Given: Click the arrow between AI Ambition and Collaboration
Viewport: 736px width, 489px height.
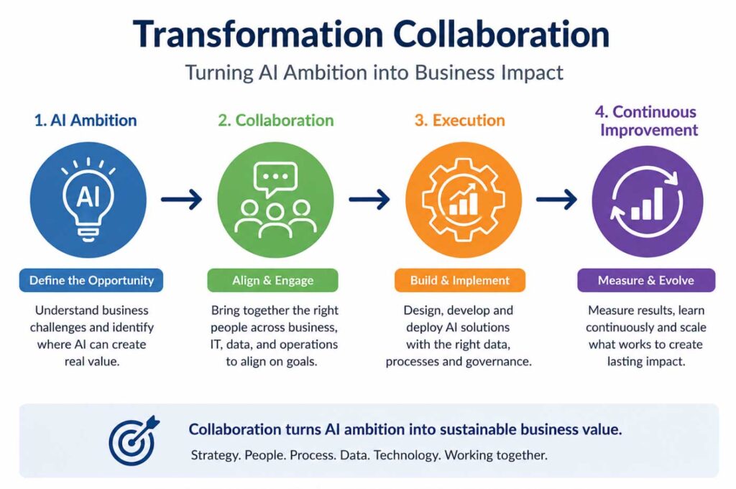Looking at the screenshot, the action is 182,200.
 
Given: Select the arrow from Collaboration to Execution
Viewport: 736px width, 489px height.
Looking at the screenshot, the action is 369,200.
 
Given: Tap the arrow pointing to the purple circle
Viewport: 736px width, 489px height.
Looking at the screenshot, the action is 557,200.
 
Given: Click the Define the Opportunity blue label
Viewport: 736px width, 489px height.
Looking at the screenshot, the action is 91,280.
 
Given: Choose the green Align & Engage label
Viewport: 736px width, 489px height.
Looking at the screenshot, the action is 272,280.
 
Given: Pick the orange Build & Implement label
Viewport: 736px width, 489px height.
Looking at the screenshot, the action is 460,280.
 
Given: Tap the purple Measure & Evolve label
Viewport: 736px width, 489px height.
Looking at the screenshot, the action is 646,280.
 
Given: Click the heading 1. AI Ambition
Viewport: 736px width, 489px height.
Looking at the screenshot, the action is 86,121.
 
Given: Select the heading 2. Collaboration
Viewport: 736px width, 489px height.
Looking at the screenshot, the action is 276,121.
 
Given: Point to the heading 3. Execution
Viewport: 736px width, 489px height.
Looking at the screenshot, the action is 459,121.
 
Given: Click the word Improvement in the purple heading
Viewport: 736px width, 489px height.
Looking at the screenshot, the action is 649,130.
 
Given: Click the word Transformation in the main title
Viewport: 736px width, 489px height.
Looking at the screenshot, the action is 258,34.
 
